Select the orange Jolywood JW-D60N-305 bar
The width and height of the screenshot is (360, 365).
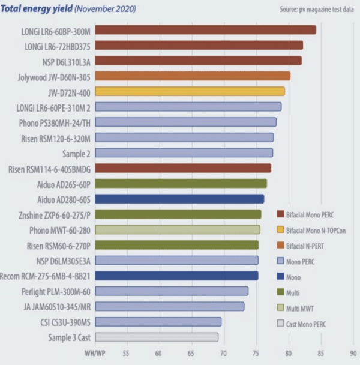pos(193,76)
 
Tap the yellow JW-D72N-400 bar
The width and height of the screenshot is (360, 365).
pos(190,91)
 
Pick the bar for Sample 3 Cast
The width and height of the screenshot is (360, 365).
pos(157,337)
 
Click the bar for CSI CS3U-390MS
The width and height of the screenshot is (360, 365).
pos(158,322)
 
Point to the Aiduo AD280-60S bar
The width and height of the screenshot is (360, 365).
pos(179,199)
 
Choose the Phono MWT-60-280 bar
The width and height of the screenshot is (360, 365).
pos(178,229)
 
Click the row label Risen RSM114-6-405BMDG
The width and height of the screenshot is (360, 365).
pos(50,168)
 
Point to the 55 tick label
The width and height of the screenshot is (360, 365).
pos(127,352)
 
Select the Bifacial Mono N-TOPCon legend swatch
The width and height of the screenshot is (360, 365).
pos(280,229)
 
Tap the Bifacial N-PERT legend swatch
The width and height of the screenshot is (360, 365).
pos(280,245)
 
